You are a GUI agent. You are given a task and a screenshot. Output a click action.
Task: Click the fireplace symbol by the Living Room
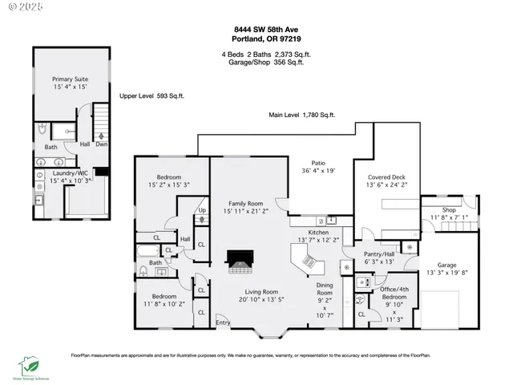click(x=240, y=261)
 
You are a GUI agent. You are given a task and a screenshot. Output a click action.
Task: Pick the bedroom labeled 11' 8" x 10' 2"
click(x=164, y=299)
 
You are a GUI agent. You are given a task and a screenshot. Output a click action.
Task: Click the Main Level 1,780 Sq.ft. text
click(x=301, y=115)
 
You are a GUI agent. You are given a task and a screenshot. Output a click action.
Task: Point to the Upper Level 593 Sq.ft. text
click(x=152, y=95)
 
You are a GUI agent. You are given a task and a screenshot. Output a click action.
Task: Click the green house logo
click(x=30, y=365)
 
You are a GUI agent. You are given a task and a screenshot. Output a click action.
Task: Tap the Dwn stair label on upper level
click(x=102, y=145)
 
